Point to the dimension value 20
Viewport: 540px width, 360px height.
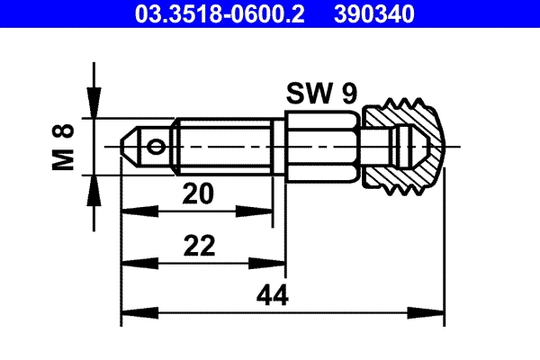click(x=197, y=193)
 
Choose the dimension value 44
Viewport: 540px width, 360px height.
click(x=276, y=295)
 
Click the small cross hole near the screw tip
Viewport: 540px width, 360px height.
click(x=158, y=145)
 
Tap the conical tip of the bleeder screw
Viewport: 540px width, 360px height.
click(x=129, y=145)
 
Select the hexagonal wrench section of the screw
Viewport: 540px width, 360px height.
click(x=322, y=145)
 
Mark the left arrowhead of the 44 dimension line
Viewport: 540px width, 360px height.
click(x=130, y=313)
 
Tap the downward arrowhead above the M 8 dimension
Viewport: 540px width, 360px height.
click(x=93, y=109)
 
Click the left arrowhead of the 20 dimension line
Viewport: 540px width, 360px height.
click(x=130, y=211)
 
